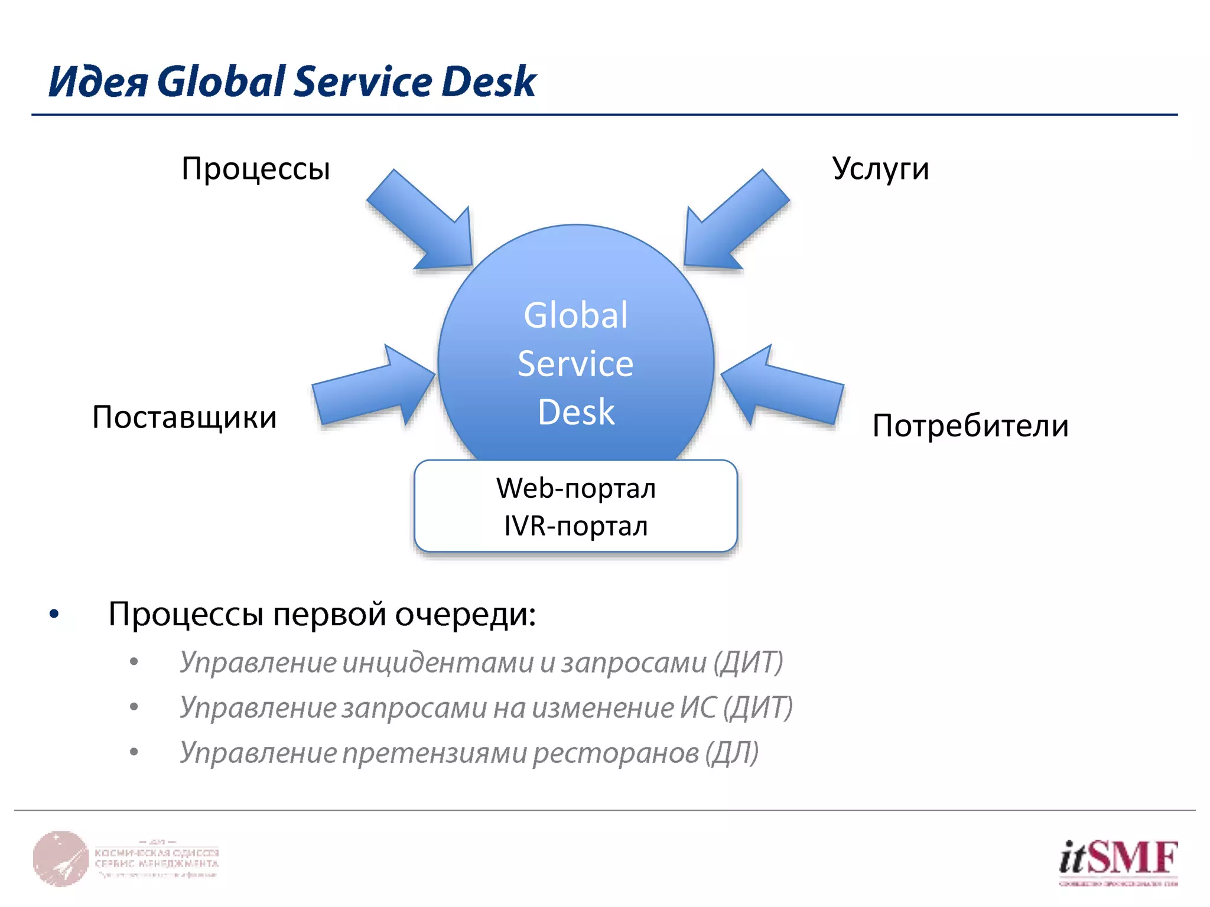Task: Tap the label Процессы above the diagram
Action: (255, 169)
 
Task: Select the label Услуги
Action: (880, 169)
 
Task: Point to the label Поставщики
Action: (184, 417)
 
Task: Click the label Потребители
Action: (970, 426)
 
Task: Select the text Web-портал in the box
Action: (575, 488)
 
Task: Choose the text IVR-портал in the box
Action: (575, 526)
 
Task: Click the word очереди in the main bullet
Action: (465, 614)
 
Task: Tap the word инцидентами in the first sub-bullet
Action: (437, 662)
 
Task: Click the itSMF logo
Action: (1118, 861)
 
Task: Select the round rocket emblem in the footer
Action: (60, 859)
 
